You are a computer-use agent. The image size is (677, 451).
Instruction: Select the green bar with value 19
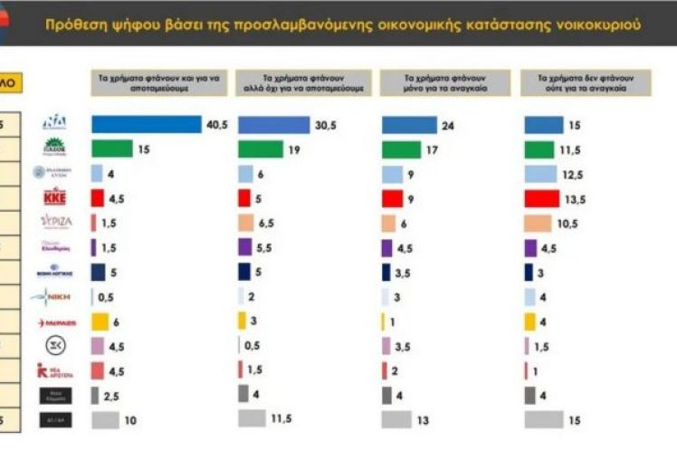(x=260, y=149)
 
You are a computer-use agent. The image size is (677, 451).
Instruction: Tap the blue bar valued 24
(x=409, y=125)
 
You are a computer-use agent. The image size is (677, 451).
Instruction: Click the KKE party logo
(x=55, y=198)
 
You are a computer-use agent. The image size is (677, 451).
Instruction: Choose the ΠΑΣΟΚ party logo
(x=55, y=147)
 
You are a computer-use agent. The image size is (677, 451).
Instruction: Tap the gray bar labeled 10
(x=105, y=419)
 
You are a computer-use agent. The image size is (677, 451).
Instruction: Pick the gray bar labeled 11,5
(x=253, y=418)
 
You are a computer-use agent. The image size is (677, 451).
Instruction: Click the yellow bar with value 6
(x=100, y=321)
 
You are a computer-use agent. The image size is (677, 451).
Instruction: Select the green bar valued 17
(x=401, y=149)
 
